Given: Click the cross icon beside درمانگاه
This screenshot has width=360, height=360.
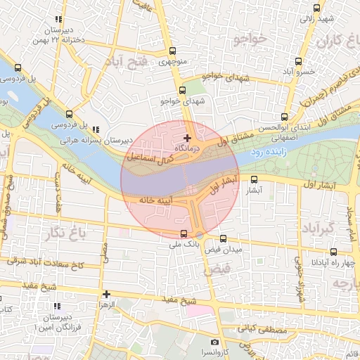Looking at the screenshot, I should tap(186, 137).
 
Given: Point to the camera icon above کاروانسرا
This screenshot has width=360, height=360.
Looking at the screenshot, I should tap(215, 342).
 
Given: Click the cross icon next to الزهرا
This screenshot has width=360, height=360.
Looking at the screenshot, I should tap(106, 295).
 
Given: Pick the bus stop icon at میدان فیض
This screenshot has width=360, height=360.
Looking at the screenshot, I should tap(224, 240).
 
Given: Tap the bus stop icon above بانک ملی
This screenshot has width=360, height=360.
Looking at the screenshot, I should tap(184, 234).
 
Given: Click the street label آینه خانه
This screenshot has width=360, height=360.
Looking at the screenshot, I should tap(156, 201).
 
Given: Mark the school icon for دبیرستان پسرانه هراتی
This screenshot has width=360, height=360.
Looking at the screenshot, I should tap(96, 129).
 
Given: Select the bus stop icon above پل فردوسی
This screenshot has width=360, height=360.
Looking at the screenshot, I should tap(69, 114).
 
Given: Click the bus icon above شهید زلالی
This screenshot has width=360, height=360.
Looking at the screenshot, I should tap(317, 8).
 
